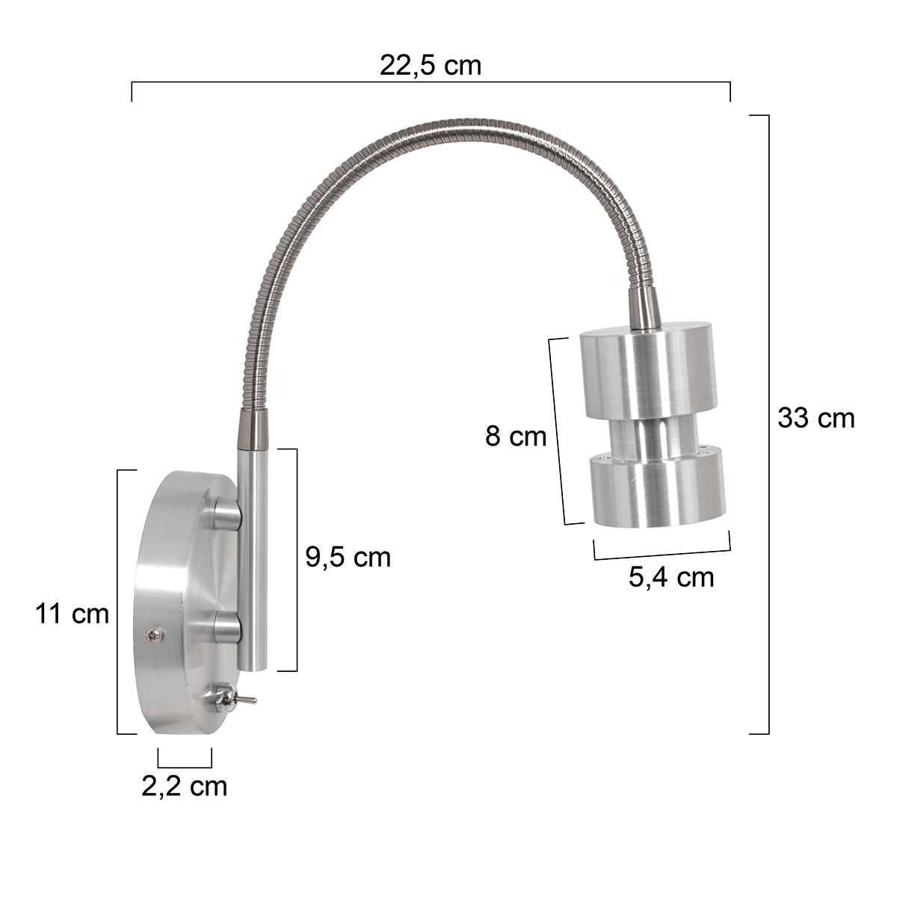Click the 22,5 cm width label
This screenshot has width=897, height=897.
(x=431, y=66)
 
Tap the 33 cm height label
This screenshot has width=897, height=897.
(x=816, y=418)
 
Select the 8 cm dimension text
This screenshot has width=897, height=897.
(x=516, y=435)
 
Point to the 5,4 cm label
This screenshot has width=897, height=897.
(x=671, y=577)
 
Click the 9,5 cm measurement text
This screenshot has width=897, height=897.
(x=348, y=557)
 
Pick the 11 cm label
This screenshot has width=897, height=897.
(x=72, y=614)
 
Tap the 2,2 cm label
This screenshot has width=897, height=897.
(x=185, y=786)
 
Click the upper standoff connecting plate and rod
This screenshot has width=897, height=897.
(x=226, y=514)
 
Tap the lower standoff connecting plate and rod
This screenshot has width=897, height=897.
(x=226, y=626)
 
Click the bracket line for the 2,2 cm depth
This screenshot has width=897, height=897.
(x=185, y=765)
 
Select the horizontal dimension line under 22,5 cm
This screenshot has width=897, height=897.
(x=431, y=81)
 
